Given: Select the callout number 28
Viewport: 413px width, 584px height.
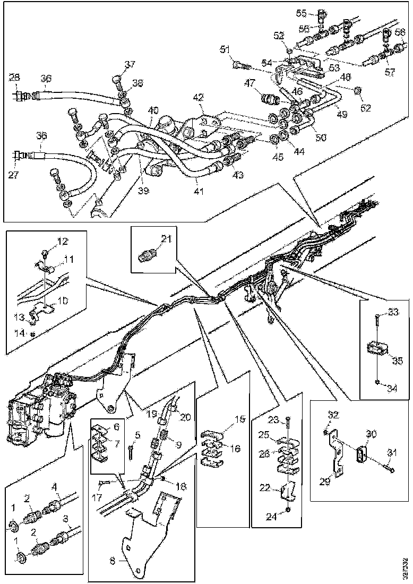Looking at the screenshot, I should (x=15, y=78).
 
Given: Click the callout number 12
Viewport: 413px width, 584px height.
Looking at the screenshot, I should (x=63, y=241).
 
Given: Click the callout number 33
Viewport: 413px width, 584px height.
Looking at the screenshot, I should (x=393, y=312).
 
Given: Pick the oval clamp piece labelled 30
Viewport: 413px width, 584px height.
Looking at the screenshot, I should (x=362, y=457).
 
